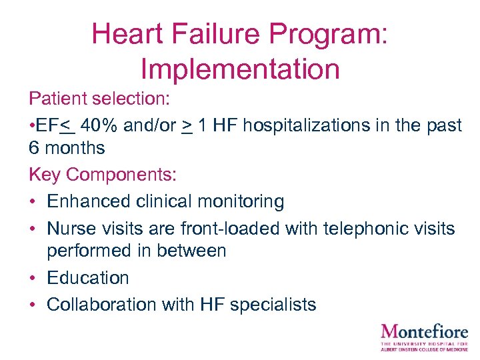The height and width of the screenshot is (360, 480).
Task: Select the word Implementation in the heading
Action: click(x=240, y=68)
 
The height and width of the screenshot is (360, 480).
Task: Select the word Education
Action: click(x=87, y=277)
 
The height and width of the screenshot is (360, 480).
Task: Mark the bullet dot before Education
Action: click(x=33, y=278)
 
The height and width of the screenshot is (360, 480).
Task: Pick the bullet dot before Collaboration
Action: click(x=33, y=305)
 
